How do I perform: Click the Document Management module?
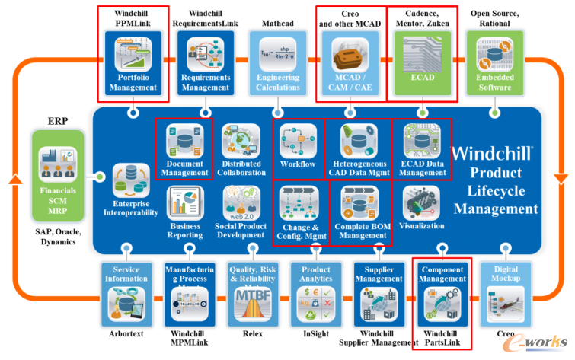(184, 149)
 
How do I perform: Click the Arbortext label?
(126, 333)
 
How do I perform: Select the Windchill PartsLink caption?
(442, 338)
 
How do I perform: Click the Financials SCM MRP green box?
(58, 172)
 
